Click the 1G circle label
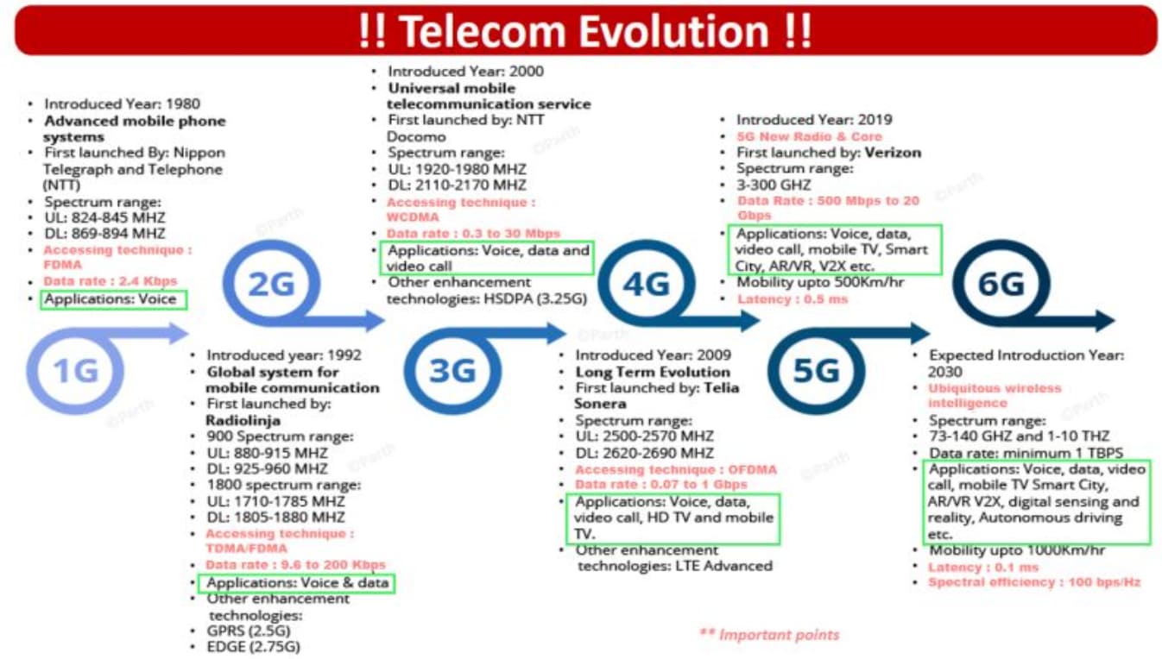pyautogui.click(x=76, y=371)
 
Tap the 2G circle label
pyautogui.click(x=271, y=284)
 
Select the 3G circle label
pyautogui.click(x=452, y=371)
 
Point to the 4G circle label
pyautogui.click(x=647, y=284)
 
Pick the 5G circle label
pyautogui.click(x=817, y=371)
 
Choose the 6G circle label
pyautogui.click(x=1001, y=284)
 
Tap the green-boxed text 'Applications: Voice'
pyautogui.click(x=111, y=299)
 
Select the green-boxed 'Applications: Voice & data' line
pyautogui.click(x=297, y=583)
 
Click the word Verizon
pyautogui.click(x=893, y=153)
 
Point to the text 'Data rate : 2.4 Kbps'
pyautogui.click(x=110, y=281)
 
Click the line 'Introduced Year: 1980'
pyautogui.click(x=122, y=104)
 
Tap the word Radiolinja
pyautogui.click(x=243, y=420)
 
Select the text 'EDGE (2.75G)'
pyautogui.click(x=253, y=647)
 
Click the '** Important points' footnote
pyautogui.click(x=769, y=635)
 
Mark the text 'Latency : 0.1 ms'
pyautogui.click(x=983, y=568)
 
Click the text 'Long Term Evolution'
pyautogui.click(x=653, y=372)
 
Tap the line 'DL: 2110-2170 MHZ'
pyautogui.click(x=457, y=185)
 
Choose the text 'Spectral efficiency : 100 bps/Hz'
pyautogui.click(x=1034, y=582)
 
